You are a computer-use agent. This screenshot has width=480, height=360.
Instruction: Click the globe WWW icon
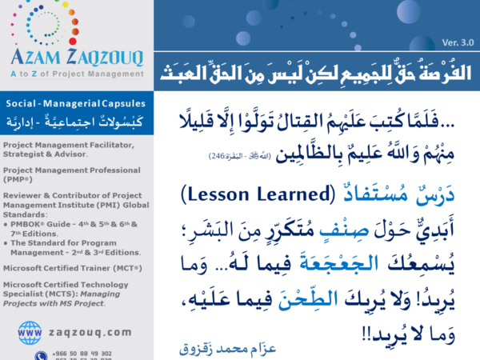pyautogui.click(x=30, y=331)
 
